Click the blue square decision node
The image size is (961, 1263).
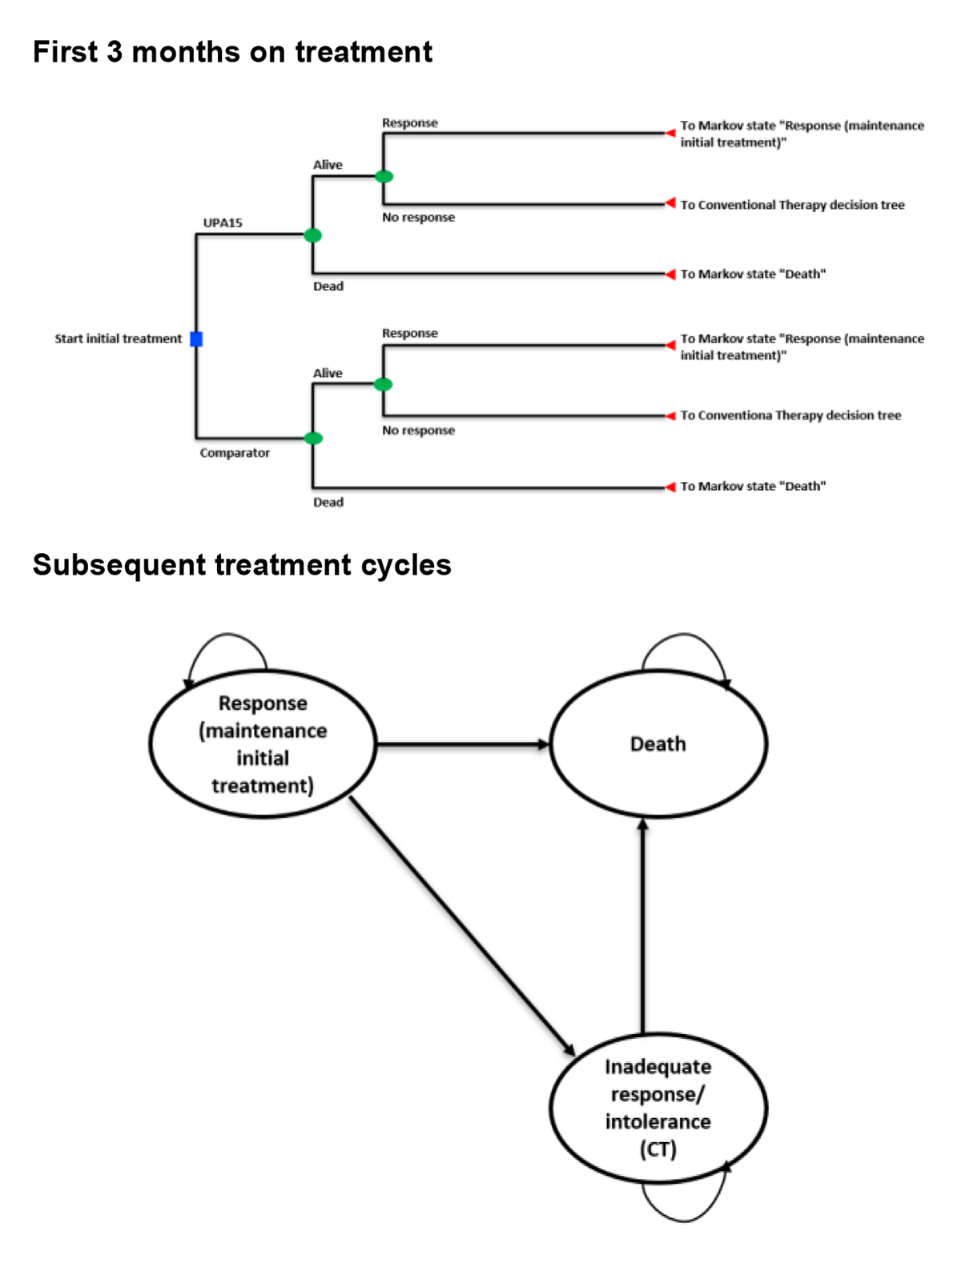coord(196,339)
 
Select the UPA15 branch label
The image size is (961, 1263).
coord(223,223)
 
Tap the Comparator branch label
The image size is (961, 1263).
coord(235,452)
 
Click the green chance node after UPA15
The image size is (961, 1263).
coord(313,235)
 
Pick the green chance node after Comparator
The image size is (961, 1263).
coord(313,438)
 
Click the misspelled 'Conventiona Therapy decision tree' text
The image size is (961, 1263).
coord(790,415)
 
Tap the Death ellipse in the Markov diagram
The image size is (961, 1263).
coord(658,744)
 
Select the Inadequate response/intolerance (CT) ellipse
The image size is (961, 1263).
coord(658,1108)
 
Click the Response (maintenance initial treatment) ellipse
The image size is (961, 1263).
coord(263,744)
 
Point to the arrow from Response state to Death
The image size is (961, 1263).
coord(463,744)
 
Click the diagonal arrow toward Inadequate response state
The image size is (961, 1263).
coord(462,924)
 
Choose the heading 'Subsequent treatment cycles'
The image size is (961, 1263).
coord(242,565)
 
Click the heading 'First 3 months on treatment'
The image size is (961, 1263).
coord(232,52)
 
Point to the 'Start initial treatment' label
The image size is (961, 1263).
coord(119,339)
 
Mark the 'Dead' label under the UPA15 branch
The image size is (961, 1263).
coord(328,286)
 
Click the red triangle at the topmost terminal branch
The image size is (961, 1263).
coord(670,133)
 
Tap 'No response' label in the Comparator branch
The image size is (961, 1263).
coord(418,430)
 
